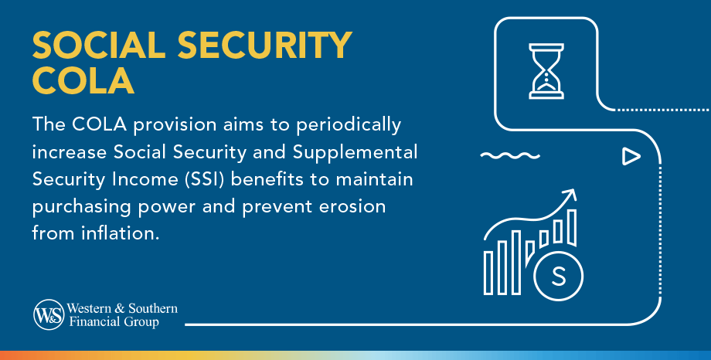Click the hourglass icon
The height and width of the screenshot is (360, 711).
(546, 71)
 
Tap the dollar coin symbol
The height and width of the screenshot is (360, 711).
(558, 276)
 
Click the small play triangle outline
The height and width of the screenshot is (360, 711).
(631, 157)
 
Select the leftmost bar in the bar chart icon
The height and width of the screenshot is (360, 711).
(488, 271)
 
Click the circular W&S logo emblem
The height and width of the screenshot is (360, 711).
(49, 314)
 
